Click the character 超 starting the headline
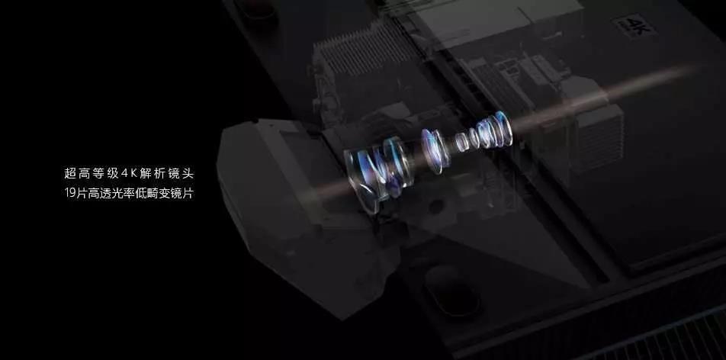(70, 174)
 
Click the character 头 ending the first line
(188, 174)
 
